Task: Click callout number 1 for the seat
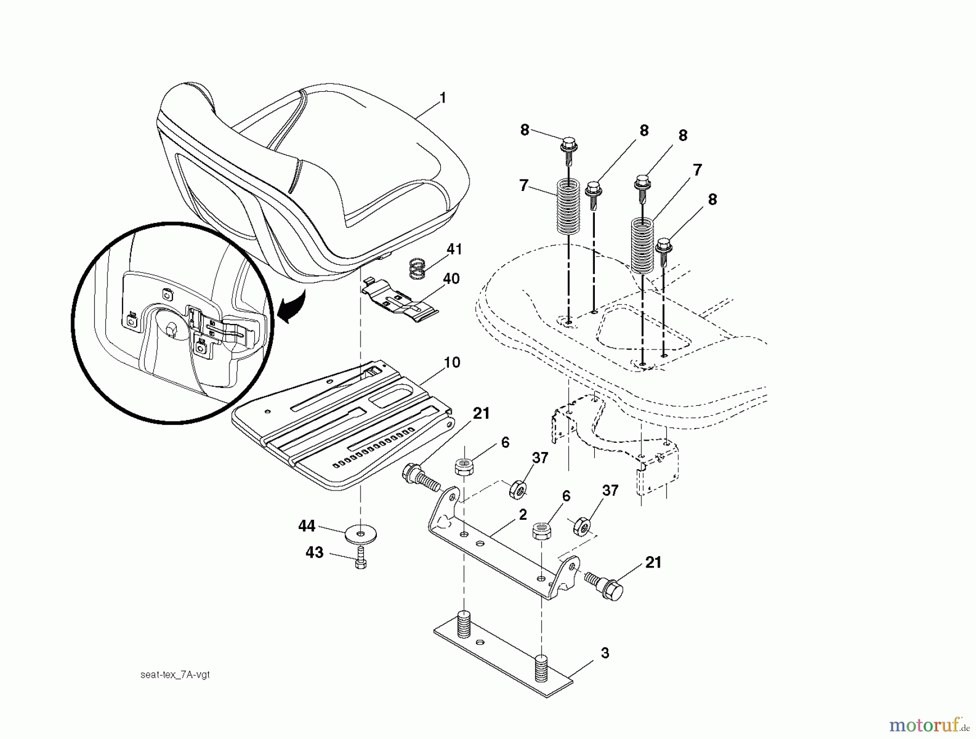pyautogui.click(x=442, y=98)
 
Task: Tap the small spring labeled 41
pyautogui.click(x=416, y=268)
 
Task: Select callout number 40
pyautogui.click(x=451, y=279)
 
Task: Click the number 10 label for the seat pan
pyautogui.click(x=452, y=362)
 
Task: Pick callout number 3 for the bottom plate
pyautogui.click(x=605, y=653)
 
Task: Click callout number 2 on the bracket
pyautogui.click(x=522, y=515)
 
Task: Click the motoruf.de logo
pyautogui.click(x=929, y=724)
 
